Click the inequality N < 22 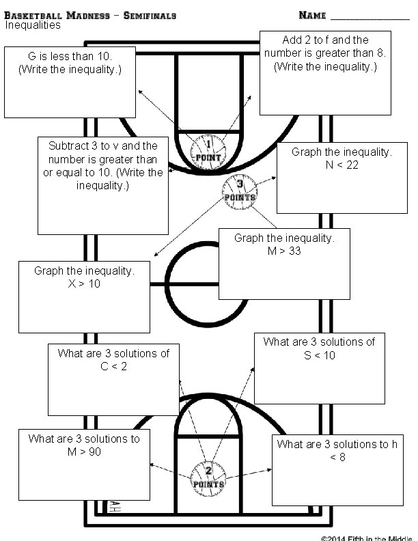coord(342,165)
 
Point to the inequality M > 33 coord(284,251)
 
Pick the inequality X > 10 coord(84,283)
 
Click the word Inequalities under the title coord(33,25)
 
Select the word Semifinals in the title coord(150,14)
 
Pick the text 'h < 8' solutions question coord(337,451)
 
